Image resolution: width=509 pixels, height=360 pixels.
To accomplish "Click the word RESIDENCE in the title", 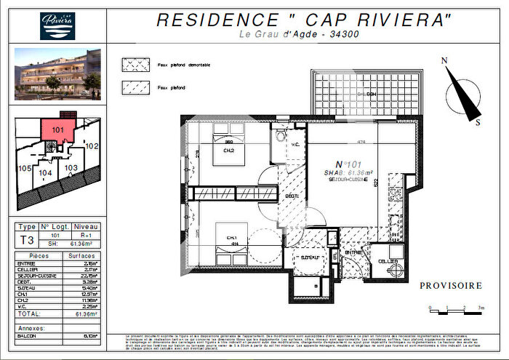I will tap(209, 20).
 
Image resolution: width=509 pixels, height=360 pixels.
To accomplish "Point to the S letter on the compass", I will tap(478, 123).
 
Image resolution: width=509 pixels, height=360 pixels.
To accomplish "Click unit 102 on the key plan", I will tap(91, 146).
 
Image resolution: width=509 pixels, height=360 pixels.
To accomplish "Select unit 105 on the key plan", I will tap(23, 169).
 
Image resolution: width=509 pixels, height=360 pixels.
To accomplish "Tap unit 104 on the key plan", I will tap(46, 173).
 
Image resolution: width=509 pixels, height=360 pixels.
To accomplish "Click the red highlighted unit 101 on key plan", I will tap(58, 130).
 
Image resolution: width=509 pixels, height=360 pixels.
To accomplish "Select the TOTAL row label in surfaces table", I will tap(31, 314).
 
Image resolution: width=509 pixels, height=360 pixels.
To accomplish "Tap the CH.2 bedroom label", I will tap(228, 151).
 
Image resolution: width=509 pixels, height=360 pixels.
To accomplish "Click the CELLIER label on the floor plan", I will tap(387, 260).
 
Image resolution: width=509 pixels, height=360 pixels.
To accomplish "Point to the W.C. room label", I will tap(294, 144).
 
